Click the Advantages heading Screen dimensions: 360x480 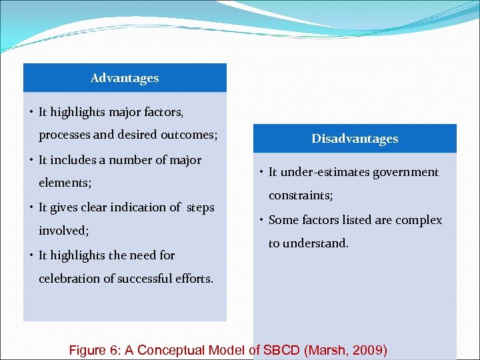click(x=125, y=78)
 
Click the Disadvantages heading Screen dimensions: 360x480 click(x=355, y=139)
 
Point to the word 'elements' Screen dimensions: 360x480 click(x=65, y=183)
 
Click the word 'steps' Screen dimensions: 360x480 click(x=200, y=207)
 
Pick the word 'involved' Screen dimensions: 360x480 click(x=63, y=231)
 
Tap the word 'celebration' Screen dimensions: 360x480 click(x=70, y=279)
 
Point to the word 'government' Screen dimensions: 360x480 click(x=405, y=172)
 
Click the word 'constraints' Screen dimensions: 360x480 click(x=300, y=196)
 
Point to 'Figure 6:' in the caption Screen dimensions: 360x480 click(x=92, y=350)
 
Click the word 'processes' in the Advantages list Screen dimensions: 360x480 click(x=64, y=135)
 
